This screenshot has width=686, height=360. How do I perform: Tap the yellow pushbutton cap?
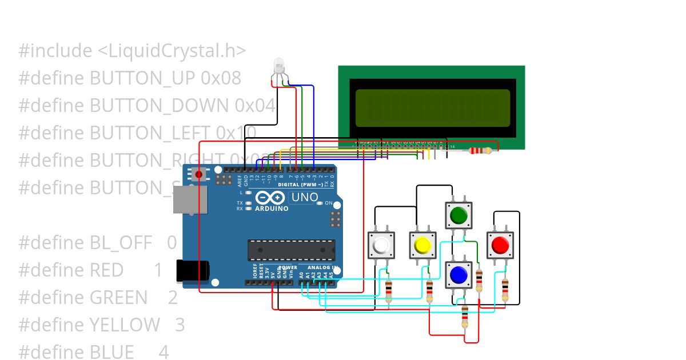click(x=422, y=245)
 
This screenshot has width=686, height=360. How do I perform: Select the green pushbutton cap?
click(x=458, y=215)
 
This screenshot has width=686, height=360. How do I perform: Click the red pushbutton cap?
click(x=499, y=245)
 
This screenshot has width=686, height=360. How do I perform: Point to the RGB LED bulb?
click(x=278, y=65)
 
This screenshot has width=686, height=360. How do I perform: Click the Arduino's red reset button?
click(x=198, y=174)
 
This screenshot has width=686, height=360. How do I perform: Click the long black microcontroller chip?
click(x=291, y=250)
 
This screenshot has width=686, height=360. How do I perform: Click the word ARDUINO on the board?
click(x=272, y=209)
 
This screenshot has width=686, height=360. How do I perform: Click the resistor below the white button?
click(x=389, y=291)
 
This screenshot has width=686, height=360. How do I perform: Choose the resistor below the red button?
click(x=505, y=290)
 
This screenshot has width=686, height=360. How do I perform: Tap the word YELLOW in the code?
click(x=125, y=325)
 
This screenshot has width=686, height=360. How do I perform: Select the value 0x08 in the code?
click(x=221, y=78)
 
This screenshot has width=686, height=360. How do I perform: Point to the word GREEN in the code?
click(x=118, y=297)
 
